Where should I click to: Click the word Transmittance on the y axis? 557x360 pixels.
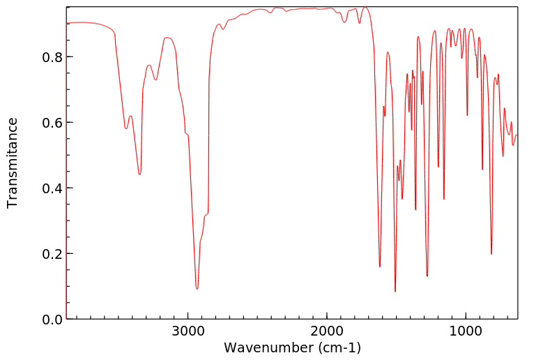[x=13, y=163]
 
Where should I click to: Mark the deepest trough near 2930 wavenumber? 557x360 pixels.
[x=197, y=288]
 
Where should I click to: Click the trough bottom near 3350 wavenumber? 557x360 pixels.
[x=139, y=174]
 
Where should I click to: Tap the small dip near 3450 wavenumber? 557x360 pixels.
[x=126, y=128]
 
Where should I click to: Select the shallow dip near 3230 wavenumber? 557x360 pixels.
[x=156, y=80]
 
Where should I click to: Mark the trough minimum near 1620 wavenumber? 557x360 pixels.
[x=380, y=267]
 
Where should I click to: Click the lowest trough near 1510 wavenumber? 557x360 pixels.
[x=395, y=292]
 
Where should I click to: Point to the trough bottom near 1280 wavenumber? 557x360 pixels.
[x=427, y=276]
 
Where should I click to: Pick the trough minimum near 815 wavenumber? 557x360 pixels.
[x=491, y=254]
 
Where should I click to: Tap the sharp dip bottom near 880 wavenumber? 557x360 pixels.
[x=482, y=170]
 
